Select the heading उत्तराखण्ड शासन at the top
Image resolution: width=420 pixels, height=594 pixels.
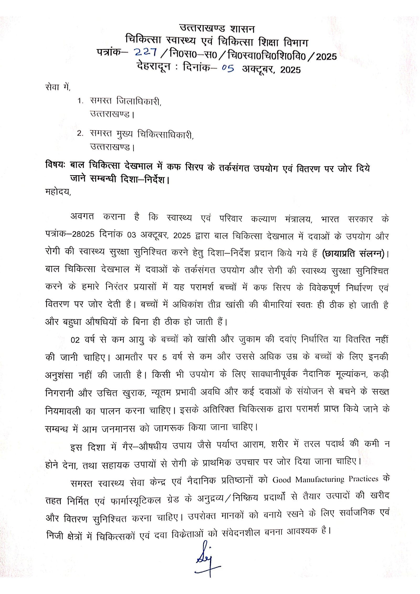pos(217,28)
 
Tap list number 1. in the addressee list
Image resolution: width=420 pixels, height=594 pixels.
pos(80,101)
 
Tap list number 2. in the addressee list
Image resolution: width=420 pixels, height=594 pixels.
pos(80,134)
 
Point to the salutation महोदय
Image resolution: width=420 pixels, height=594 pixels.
pos(58,192)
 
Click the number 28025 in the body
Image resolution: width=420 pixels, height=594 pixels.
pos(83,234)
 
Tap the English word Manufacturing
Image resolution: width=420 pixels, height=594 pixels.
pos(320,479)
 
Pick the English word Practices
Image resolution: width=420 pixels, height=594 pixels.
pos(363,479)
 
